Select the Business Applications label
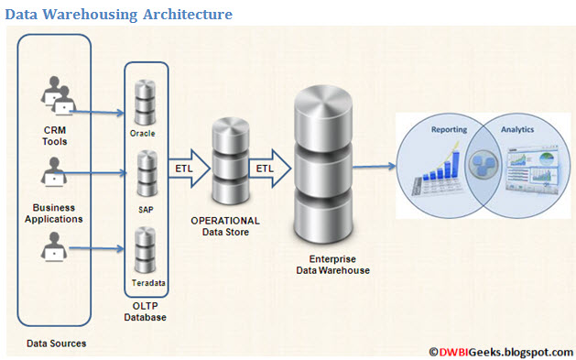(x=58, y=213)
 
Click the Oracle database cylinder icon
(x=145, y=100)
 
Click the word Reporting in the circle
(x=449, y=131)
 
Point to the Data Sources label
(x=57, y=344)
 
